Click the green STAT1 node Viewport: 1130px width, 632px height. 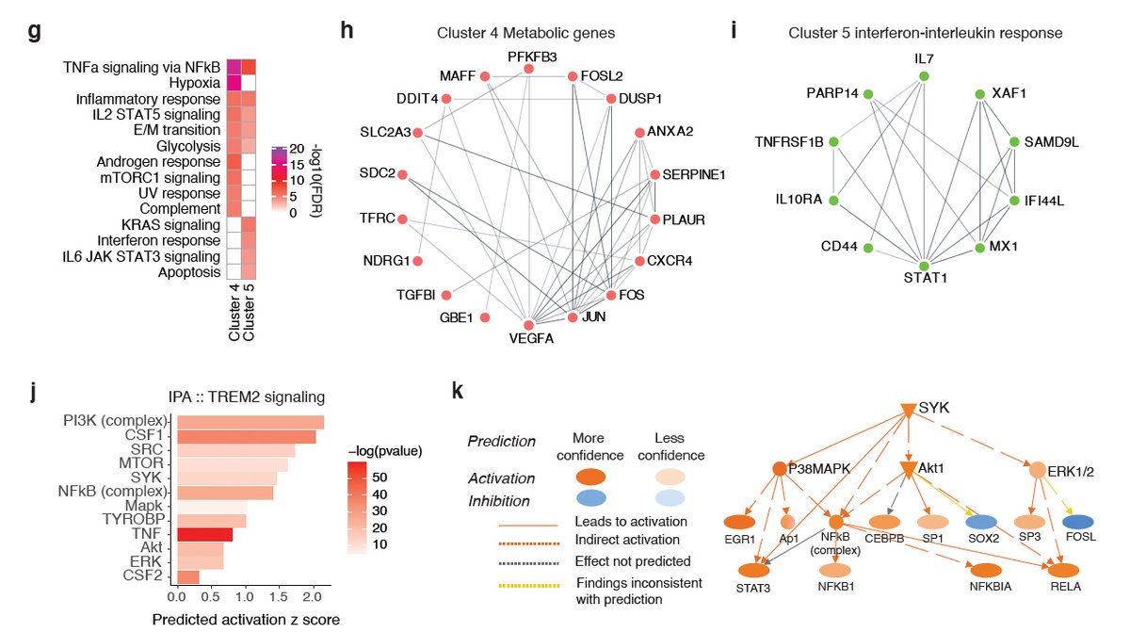[924, 267]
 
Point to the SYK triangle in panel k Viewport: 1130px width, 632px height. [907, 409]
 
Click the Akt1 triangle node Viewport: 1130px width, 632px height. [908, 468]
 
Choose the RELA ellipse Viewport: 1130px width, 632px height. [1064, 569]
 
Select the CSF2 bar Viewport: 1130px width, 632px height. [187, 576]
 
